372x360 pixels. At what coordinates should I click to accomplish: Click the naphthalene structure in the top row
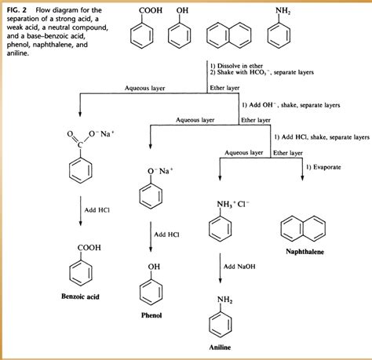(x=225, y=36)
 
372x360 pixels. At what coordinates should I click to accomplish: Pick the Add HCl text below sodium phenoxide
(x=167, y=233)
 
